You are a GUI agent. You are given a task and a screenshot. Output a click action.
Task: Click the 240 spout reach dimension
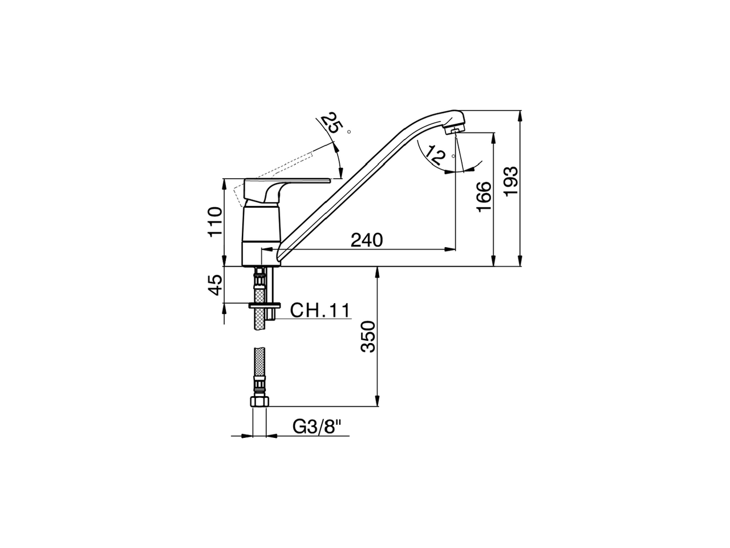click(366, 240)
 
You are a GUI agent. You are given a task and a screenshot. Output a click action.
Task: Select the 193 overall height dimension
click(512, 181)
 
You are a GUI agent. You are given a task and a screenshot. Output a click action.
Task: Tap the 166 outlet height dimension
click(484, 197)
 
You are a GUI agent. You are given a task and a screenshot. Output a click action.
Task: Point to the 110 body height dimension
click(214, 221)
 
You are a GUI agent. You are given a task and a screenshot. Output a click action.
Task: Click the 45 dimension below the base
click(214, 285)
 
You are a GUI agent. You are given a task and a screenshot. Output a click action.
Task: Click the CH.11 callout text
click(319, 311)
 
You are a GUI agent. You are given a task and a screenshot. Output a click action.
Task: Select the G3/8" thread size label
click(317, 426)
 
